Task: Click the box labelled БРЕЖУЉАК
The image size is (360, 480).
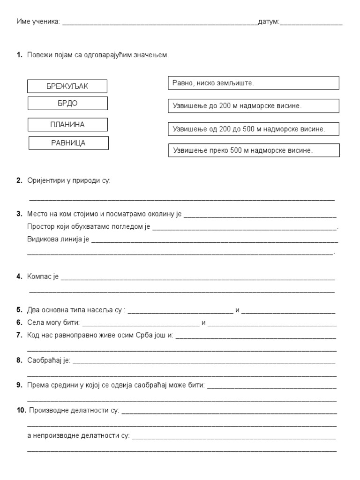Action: [67, 86]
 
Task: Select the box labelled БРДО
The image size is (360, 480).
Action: [67, 103]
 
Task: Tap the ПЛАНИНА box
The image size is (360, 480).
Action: [67, 124]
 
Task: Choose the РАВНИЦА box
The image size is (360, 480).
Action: [68, 143]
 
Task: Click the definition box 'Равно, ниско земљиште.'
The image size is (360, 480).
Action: [253, 83]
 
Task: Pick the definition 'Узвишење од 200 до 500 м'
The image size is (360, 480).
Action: [253, 128]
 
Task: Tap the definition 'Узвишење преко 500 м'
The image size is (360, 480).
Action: [253, 150]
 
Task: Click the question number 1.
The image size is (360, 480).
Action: [19, 55]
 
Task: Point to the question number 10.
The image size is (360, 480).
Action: [21, 411]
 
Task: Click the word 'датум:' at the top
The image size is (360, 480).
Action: [269, 22]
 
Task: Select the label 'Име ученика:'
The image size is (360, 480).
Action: [38, 22]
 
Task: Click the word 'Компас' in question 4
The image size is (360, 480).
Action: [40, 277]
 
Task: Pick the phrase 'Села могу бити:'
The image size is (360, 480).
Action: [53, 322]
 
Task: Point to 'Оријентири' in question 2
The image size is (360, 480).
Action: [45, 180]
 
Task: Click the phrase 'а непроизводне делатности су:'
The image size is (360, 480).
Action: [79, 435]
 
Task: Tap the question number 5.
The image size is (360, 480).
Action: [19, 310]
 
